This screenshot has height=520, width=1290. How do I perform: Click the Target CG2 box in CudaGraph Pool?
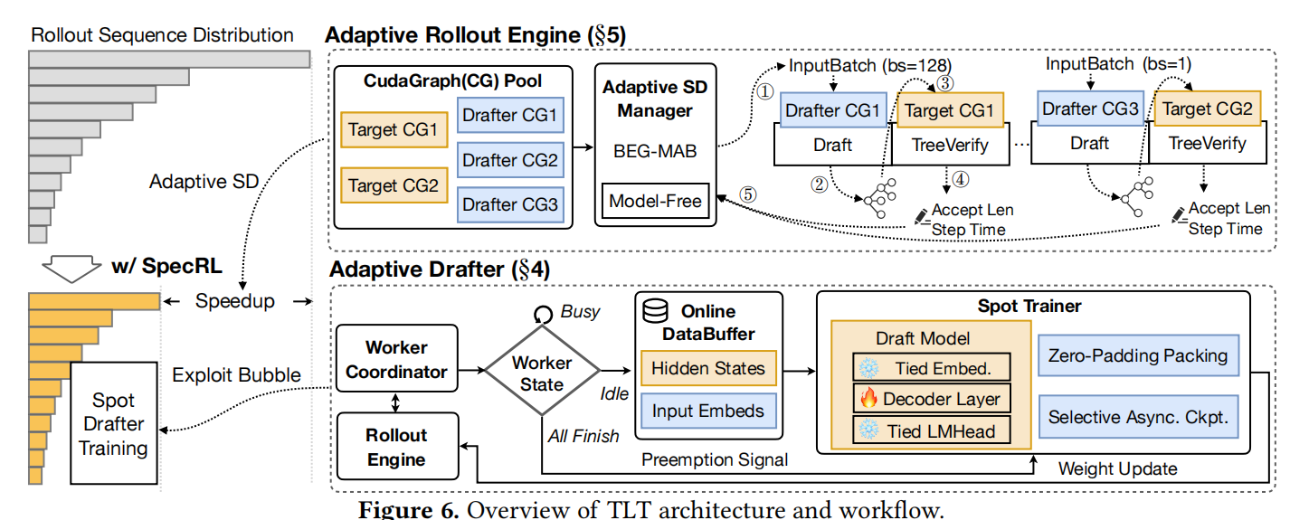[394, 186]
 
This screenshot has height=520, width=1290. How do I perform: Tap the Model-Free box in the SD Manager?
[655, 200]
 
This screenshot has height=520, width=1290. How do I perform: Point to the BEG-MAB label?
[655, 152]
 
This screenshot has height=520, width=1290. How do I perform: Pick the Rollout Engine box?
[396, 446]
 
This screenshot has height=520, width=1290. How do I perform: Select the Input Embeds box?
[707, 411]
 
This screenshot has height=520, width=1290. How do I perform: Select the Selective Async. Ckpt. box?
[1137, 417]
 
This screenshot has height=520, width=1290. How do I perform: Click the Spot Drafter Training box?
[112, 423]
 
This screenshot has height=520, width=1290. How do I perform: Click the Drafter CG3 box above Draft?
[1087, 109]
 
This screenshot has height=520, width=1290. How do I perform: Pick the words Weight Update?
[1118, 468]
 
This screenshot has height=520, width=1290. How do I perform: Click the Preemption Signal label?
[715, 459]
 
